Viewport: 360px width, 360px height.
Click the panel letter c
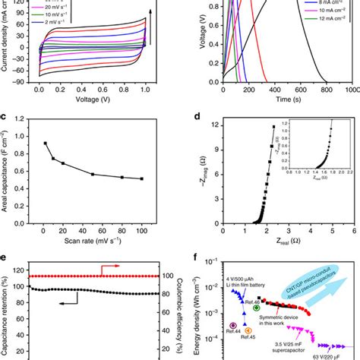click(6, 118)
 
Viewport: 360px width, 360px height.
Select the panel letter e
click(6, 257)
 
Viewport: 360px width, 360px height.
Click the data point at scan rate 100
click(141, 178)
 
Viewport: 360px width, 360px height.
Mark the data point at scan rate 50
click(93, 174)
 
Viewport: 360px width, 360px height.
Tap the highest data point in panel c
click(46, 143)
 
